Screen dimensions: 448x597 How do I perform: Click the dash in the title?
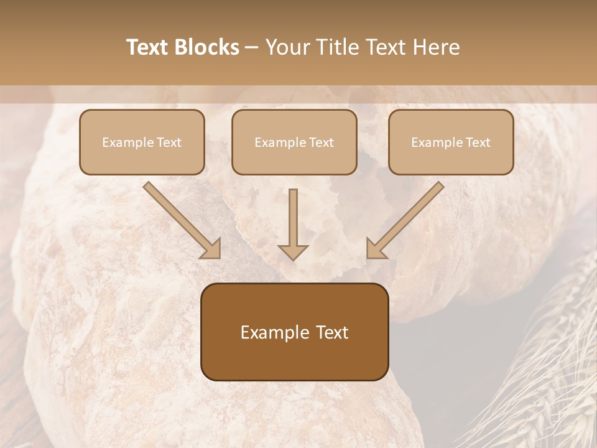252,47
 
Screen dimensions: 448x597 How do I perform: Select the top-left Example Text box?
142,142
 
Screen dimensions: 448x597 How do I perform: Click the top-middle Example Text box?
294,142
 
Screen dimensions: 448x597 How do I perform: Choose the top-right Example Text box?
451,142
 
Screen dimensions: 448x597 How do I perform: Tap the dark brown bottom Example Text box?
294,332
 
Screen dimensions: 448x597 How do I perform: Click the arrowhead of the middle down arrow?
293,251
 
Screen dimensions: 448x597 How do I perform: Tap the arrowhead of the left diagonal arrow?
212,250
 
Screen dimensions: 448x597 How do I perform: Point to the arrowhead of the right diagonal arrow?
375,250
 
